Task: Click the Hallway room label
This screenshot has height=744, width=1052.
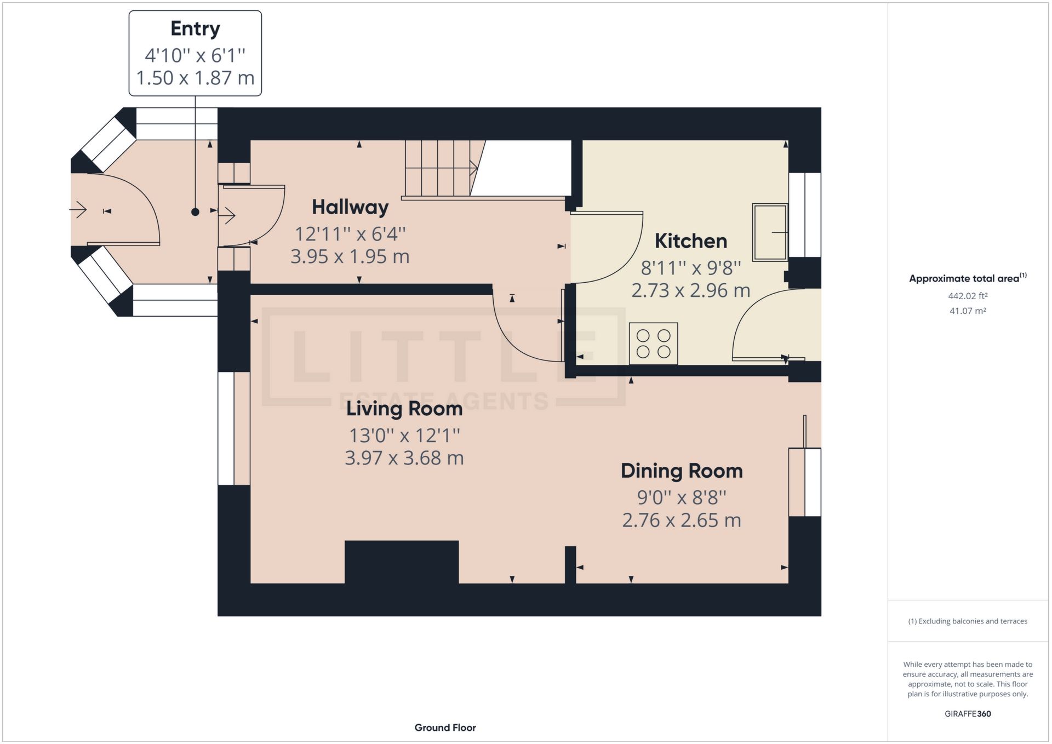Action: [x=350, y=207]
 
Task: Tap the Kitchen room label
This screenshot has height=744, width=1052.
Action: [x=691, y=241]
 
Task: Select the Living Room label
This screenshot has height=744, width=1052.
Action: [x=404, y=409]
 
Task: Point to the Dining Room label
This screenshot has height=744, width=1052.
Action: [x=682, y=471]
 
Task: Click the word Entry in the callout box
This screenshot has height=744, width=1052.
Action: [x=195, y=28]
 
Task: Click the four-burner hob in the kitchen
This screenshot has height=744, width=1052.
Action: [x=654, y=344]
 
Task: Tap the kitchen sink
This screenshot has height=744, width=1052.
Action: [x=770, y=232]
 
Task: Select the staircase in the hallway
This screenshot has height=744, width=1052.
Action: [x=438, y=168]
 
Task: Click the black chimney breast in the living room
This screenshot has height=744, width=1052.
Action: [x=402, y=563]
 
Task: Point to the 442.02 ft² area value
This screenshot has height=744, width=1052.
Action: [x=968, y=296]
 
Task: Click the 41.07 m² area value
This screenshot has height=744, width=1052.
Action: [x=968, y=311]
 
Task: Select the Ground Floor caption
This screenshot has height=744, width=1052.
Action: [x=445, y=728]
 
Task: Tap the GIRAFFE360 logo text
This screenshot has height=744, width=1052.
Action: [x=968, y=714]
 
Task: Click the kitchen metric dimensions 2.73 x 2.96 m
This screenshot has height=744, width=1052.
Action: [x=691, y=290]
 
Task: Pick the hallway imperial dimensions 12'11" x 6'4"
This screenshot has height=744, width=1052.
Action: [x=350, y=234]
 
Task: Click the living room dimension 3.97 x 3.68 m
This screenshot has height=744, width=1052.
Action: [x=404, y=458]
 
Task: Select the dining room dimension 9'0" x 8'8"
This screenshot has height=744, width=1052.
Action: [x=682, y=497]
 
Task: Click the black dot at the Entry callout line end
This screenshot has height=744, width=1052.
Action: [x=195, y=212]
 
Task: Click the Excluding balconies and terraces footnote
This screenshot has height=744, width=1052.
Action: [x=968, y=621]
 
